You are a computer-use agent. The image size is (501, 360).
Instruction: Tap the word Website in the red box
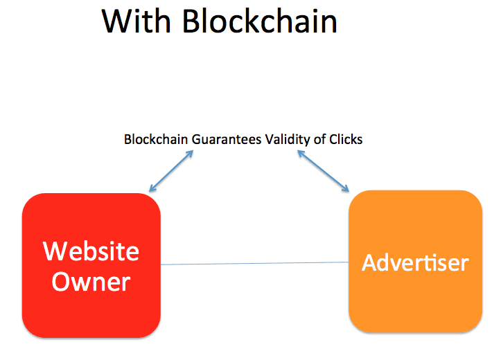91,251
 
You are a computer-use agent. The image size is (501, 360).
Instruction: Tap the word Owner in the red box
91,281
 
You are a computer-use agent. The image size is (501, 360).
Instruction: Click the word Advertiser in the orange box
415,262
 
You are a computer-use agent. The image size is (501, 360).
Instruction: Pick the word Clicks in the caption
345,139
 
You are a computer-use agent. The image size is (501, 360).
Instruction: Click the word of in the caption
319,139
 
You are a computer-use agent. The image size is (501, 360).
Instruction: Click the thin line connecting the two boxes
254,263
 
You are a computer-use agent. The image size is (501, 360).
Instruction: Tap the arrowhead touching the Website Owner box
152,188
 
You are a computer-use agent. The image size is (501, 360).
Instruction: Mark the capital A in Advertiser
369,262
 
